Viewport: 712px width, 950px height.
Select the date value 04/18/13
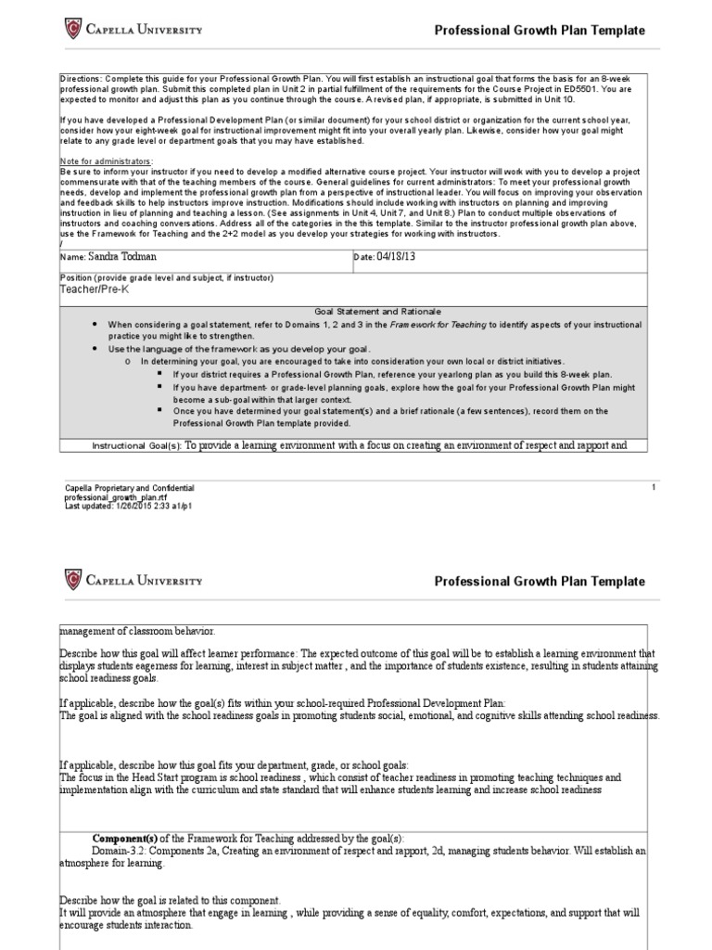tap(397, 256)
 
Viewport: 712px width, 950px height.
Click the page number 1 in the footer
tap(653, 487)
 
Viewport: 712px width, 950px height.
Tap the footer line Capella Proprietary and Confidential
tap(129, 488)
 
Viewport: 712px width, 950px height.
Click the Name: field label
tap(73, 257)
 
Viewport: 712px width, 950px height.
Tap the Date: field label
tap(363, 257)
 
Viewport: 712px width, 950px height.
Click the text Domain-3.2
tap(123, 851)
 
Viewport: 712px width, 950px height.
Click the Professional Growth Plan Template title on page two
tap(540, 581)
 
